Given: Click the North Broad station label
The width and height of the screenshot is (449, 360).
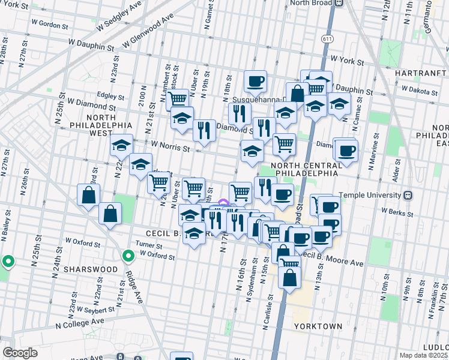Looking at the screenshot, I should [311, 3].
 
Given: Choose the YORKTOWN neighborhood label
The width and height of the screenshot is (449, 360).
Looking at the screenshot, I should [318, 326].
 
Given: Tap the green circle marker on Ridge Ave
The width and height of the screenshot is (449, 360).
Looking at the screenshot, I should [128, 256].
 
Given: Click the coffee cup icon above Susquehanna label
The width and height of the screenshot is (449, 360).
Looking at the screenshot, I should [255, 82].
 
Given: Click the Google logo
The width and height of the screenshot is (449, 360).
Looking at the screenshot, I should [20, 353].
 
